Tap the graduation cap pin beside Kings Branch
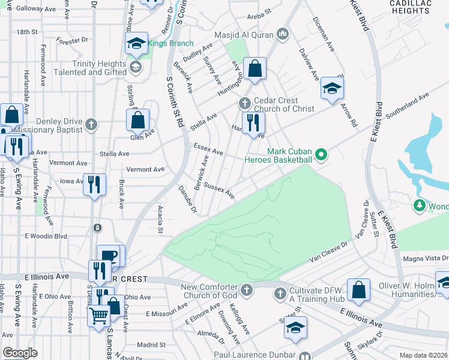[137, 44]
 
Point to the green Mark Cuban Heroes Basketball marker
[321, 155]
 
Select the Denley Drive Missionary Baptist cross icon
[91, 125]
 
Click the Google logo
[20, 353]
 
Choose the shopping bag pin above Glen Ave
[137, 120]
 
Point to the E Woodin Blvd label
[46, 236]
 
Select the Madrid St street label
[151, 345]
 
